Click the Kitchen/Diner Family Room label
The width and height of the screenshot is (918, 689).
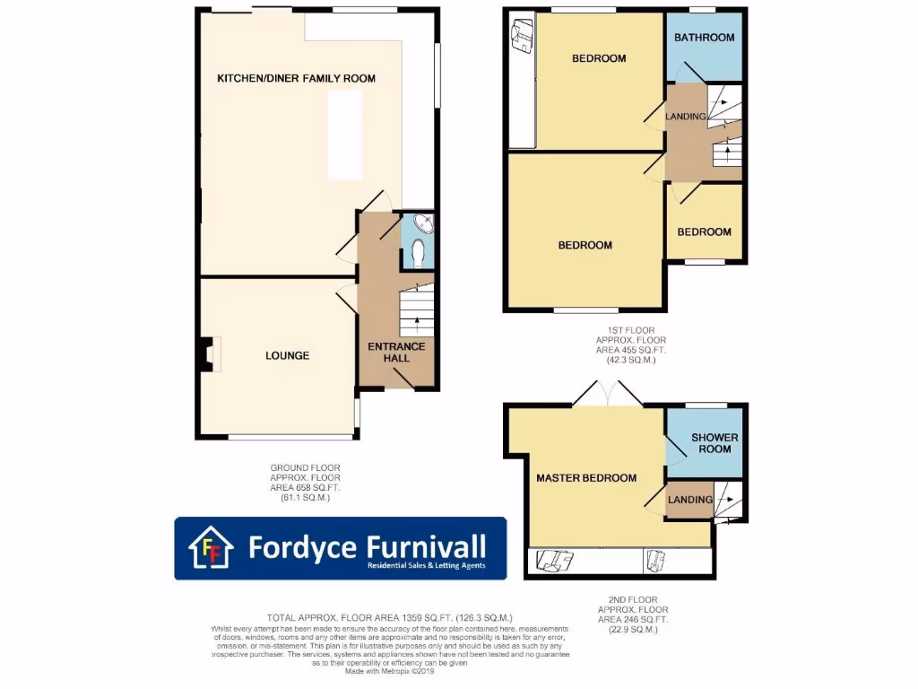[x=296, y=79]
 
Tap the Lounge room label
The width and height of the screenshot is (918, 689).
[x=287, y=356]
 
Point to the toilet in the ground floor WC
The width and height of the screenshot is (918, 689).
[x=416, y=255]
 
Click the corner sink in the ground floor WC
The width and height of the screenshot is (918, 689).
[x=423, y=224]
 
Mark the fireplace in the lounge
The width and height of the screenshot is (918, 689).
[x=208, y=354]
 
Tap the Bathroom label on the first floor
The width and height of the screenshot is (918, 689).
[x=704, y=38]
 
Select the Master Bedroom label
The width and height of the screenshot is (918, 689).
[x=586, y=478]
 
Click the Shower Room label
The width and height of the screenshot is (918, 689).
[x=714, y=443]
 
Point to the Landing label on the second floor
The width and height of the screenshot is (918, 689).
[x=690, y=500]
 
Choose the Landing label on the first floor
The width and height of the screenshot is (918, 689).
[x=686, y=117]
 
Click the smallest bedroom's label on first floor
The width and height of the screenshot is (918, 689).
[x=704, y=232]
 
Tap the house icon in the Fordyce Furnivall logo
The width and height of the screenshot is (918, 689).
[x=211, y=548]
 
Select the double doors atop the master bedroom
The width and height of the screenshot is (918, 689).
[x=607, y=396]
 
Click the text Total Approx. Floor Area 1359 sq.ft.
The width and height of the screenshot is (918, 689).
[x=389, y=617]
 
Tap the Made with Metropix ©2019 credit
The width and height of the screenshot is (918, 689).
[x=389, y=671]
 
